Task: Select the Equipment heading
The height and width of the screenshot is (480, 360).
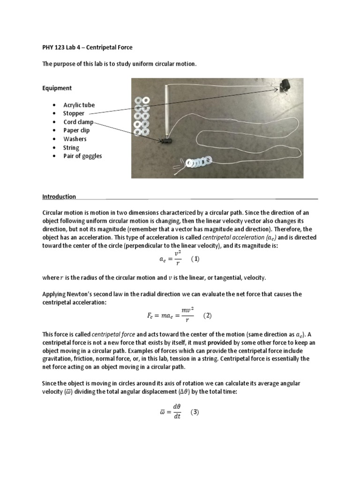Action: coord(57,88)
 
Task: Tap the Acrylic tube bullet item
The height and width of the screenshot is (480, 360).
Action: coord(79,105)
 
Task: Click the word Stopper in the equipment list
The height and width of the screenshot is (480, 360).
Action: coord(74,113)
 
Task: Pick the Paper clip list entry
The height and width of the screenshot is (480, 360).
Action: coord(76,130)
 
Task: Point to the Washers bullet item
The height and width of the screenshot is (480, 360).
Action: coord(75,139)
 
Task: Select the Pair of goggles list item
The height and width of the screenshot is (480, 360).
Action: coord(82,156)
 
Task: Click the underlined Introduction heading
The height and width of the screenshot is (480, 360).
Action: coord(59,196)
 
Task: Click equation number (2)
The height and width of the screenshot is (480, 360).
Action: coord(207,315)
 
